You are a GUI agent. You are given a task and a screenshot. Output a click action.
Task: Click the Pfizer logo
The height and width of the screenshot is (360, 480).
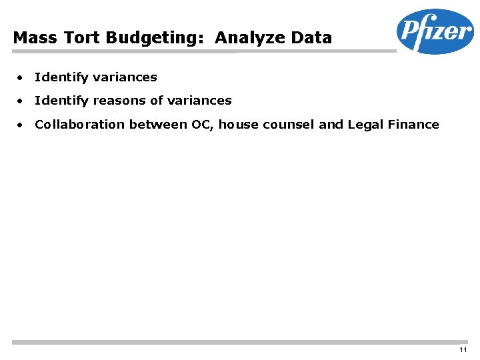pos(435,31)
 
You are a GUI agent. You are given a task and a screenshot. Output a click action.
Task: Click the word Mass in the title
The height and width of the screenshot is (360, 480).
pos(30,37)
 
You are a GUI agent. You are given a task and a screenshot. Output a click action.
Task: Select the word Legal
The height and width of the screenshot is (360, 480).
pos(366,125)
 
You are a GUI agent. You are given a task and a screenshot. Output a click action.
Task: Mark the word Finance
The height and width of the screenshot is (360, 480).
pos(414,124)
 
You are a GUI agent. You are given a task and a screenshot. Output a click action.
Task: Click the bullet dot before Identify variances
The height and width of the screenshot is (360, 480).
pos(21,77)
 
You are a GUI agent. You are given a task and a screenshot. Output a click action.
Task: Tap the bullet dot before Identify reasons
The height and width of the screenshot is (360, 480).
pos(21,101)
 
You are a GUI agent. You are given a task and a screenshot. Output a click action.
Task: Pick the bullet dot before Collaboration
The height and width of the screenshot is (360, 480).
pos(21,125)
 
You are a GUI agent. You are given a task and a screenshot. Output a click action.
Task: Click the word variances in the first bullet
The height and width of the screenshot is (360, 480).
pos(125,77)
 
